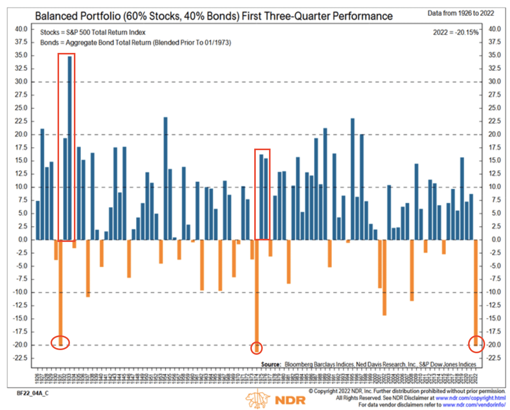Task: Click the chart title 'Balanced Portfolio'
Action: click(x=78, y=16)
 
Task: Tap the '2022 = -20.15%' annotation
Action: click(x=456, y=32)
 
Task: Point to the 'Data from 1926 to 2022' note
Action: click(x=461, y=13)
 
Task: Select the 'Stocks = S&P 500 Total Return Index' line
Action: click(x=93, y=32)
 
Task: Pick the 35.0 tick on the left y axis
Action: click(x=21, y=55)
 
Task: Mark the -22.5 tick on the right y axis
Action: click(x=494, y=358)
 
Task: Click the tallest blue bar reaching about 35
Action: click(x=70, y=148)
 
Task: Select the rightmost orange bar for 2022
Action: click(x=476, y=292)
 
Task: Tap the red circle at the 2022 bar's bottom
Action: click(x=476, y=344)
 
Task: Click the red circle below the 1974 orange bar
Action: click(x=257, y=348)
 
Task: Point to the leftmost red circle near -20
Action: click(x=61, y=343)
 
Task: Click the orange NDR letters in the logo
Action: click(x=290, y=400)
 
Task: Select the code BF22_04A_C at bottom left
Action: click(x=33, y=393)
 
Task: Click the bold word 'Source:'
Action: click(x=271, y=364)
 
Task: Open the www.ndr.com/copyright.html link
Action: click(x=470, y=398)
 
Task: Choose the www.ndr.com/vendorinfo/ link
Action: click(x=474, y=405)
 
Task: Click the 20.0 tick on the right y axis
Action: click(x=494, y=134)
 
